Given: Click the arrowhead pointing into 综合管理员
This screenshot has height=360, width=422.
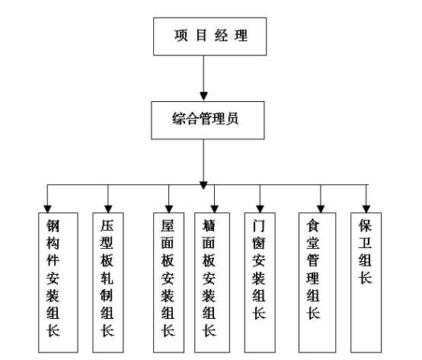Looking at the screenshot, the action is tap(203, 96).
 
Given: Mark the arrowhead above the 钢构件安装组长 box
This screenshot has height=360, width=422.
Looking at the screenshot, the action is tap(47, 209).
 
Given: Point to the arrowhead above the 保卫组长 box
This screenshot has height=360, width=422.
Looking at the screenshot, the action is tap(366, 209).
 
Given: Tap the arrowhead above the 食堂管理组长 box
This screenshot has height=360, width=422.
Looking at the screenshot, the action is tap(321, 209).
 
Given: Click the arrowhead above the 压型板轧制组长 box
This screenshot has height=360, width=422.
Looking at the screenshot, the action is tap(108, 209).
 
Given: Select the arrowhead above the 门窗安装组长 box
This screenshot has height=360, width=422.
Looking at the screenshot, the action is tap(260, 209).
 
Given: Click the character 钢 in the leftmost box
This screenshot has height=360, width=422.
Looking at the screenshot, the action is tap(53, 225).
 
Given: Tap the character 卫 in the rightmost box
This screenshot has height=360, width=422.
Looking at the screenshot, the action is tap(365, 243).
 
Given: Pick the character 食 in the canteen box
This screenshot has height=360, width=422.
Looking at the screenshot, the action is tap(313, 225).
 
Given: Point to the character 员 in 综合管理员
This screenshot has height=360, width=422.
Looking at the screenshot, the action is tap(232, 119).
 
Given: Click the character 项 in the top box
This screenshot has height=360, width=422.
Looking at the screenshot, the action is tap(181, 35).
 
